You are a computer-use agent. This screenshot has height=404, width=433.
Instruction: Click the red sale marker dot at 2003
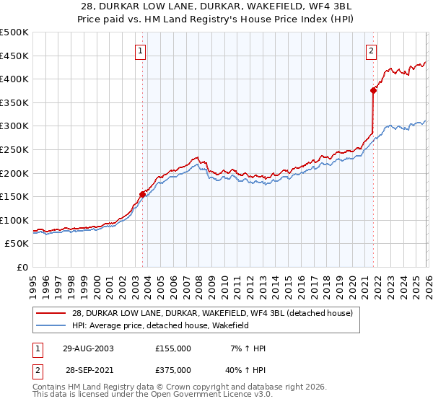pos(142,194)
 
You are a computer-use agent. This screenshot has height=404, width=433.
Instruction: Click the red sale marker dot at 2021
pos(373,90)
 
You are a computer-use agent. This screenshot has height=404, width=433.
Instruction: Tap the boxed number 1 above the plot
pos(140,50)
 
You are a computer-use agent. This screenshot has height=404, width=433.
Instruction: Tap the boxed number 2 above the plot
pos(371,50)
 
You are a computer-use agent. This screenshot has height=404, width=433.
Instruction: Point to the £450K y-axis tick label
pos(14,56)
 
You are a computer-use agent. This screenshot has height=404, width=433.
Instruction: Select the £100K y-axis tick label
pos(14,221)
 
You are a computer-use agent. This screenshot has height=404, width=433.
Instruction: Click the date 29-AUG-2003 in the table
pos(88,348)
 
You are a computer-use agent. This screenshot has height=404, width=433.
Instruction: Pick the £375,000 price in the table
pos(173,369)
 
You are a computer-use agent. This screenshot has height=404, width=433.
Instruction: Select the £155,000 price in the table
pos(173,348)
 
